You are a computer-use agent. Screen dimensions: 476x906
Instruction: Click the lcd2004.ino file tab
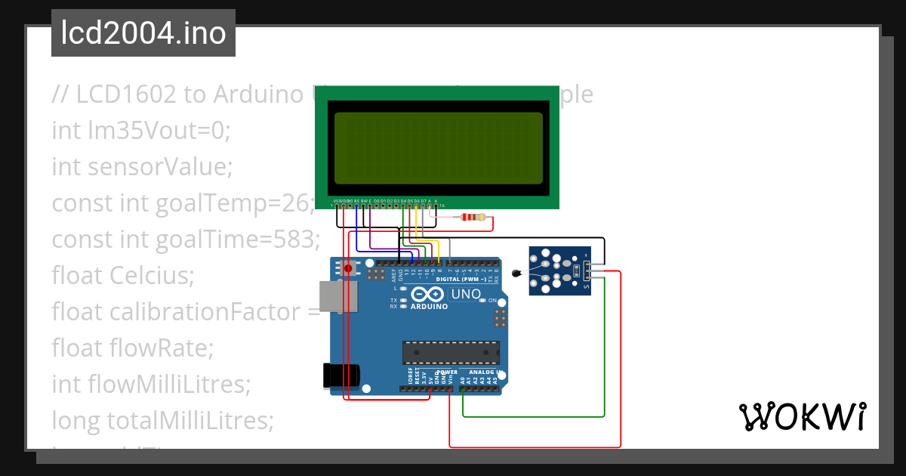click(143, 33)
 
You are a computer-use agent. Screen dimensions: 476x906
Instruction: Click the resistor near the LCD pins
click(473, 218)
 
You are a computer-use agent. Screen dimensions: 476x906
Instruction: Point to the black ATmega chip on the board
click(451, 352)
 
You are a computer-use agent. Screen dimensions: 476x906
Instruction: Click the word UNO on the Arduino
click(466, 294)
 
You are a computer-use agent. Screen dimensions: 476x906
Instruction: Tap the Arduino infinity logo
click(428, 295)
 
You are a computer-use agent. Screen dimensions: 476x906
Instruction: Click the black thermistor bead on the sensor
click(516, 274)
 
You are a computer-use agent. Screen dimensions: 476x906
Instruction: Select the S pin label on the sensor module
click(587, 286)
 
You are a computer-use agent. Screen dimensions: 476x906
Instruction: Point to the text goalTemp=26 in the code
click(234, 203)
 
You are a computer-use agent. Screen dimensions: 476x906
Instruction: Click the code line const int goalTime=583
click(186, 240)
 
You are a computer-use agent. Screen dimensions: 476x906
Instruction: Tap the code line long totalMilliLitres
click(162, 419)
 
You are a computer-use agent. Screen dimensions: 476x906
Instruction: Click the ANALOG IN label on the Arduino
click(483, 372)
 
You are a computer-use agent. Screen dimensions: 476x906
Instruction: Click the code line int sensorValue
click(141, 166)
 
